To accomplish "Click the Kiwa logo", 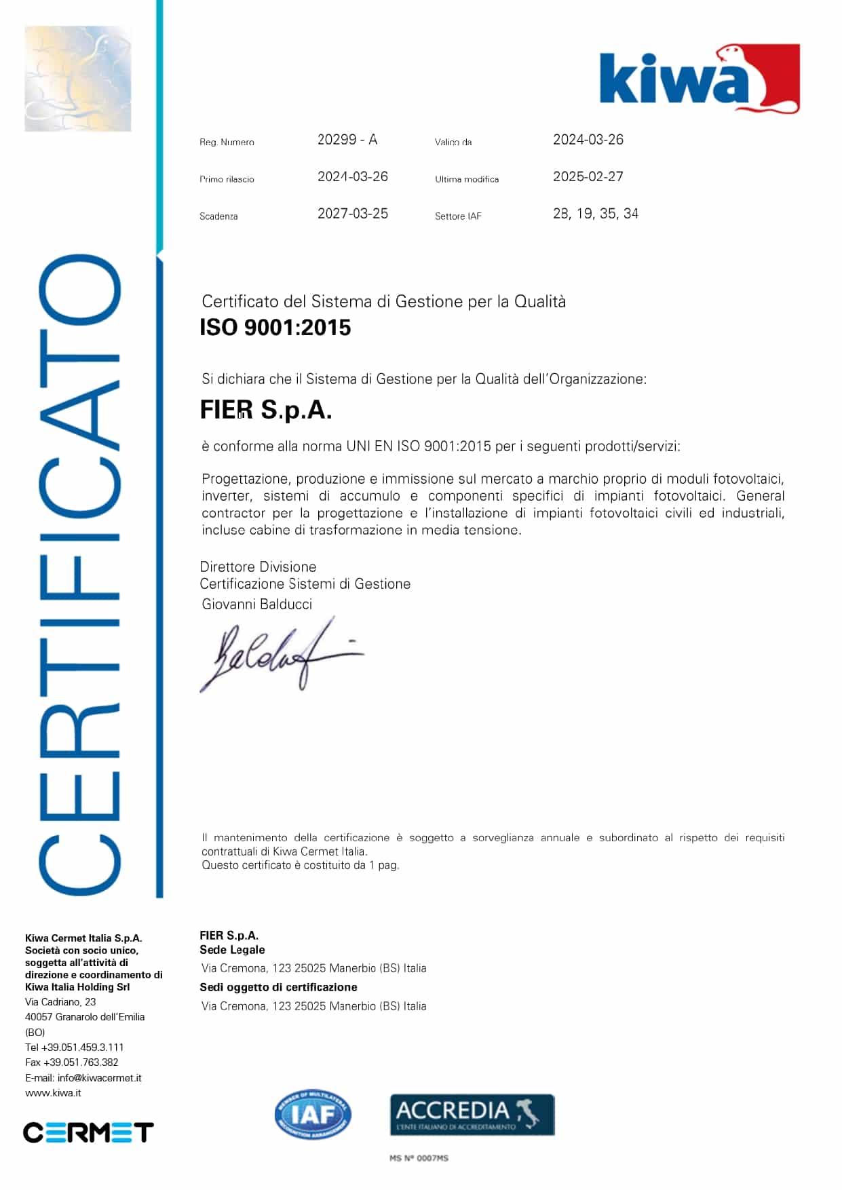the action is click(699, 79).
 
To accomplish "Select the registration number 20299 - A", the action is click(347, 140).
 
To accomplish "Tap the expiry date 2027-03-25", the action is click(352, 214).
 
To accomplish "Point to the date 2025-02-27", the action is click(588, 176).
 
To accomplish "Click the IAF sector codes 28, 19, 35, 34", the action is click(595, 214).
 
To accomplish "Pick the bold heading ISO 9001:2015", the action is click(275, 328).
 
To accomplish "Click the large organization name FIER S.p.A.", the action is click(265, 410).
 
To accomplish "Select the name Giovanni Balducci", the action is click(256, 604).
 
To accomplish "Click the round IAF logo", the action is click(313, 1115).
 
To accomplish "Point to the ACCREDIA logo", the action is click(472, 1115).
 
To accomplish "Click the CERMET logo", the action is click(88, 1132).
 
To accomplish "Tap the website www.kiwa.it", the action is click(53, 1093).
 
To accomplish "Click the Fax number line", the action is click(71, 1062).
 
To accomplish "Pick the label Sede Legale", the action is click(232, 950).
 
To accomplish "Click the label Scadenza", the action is click(218, 216).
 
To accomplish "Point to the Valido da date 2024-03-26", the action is click(588, 140).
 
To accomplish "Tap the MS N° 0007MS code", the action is click(419, 1158).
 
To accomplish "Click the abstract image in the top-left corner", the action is click(77, 79).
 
